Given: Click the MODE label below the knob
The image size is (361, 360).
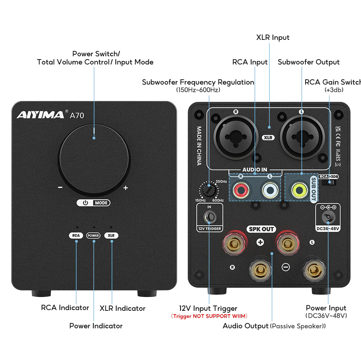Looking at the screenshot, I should [x=101, y=203].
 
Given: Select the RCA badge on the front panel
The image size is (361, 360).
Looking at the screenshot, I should [x=76, y=236].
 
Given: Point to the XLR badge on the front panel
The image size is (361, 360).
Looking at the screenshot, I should [x=111, y=236].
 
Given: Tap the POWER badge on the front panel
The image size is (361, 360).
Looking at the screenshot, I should [x=93, y=236].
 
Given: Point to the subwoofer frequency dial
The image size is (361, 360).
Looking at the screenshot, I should [x=209, y=190].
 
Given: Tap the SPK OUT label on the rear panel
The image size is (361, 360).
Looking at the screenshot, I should [x=261, y=229].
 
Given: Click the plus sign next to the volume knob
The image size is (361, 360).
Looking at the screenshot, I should [x=125, y=188].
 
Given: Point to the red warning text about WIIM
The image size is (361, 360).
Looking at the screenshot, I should [x=209, y=316].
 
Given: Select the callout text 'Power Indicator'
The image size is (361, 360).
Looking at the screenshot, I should [x=96, y=326].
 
